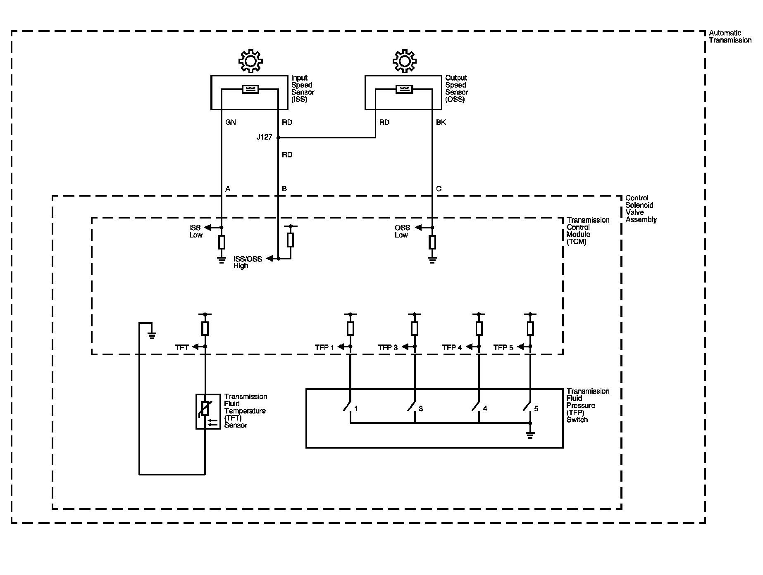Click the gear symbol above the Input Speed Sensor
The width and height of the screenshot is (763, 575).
click(250, 61)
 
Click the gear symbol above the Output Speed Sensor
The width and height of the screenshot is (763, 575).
click(404, 61)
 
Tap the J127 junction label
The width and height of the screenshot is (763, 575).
click(264, 137)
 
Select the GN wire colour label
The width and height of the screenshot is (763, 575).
click(230, 122)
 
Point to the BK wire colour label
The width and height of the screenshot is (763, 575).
click(441, 122)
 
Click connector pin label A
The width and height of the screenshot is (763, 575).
click(228, 189)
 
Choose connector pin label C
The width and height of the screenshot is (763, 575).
click(439, 189)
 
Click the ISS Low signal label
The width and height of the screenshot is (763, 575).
click(196, 231)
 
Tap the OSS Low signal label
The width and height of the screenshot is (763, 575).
click(402, 231)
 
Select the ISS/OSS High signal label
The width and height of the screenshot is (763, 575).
click(248, 262)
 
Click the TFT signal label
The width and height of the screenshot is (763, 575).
click(182, 348)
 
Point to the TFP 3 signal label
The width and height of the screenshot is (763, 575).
click(388, 348)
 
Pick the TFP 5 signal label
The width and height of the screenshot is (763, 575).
click(503, 348)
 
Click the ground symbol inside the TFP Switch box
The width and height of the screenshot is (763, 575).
click(530, 435)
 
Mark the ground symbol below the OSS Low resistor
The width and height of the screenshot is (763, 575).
click(432, 260)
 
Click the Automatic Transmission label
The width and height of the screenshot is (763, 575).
click(730, 36)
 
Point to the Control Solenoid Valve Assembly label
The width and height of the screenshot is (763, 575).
click(641, 209)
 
